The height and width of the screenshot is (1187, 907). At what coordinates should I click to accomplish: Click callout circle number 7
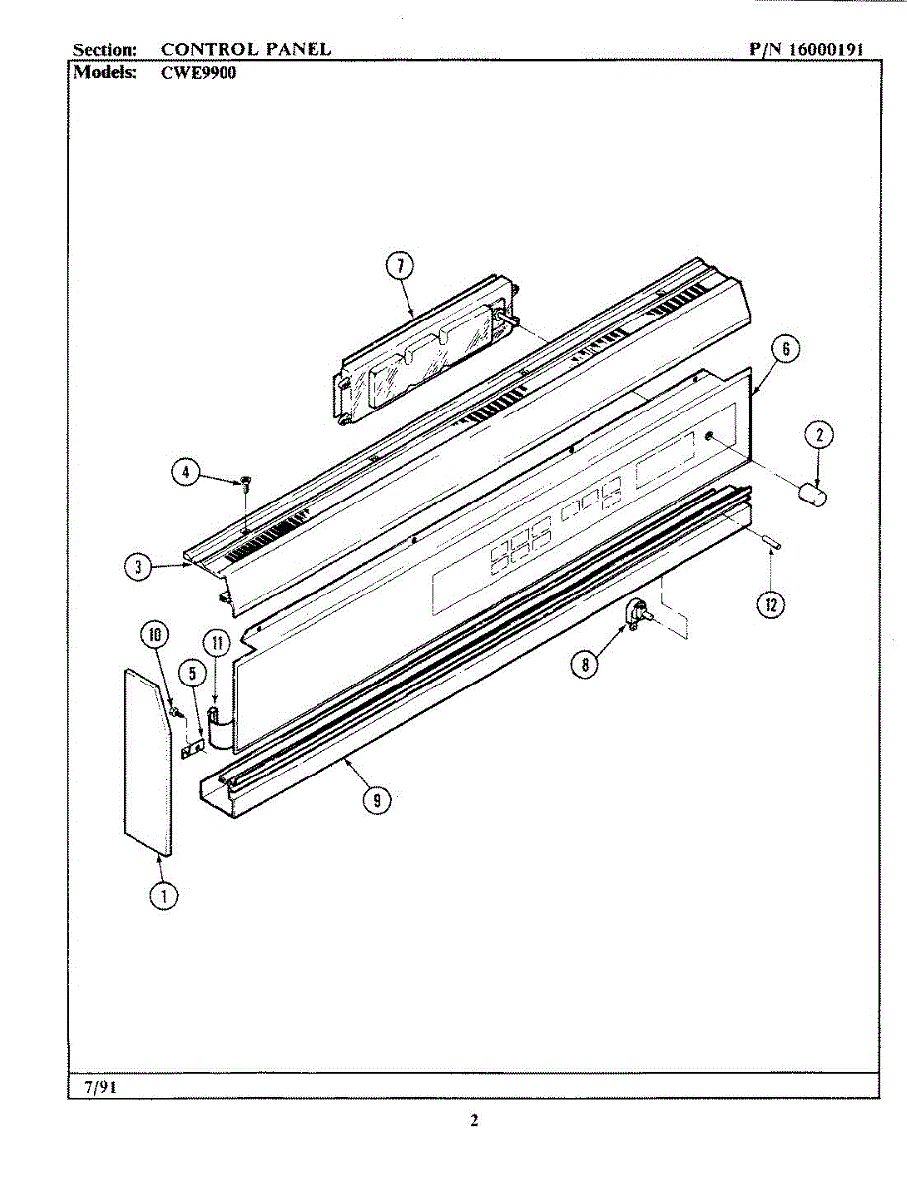tap(399, 265)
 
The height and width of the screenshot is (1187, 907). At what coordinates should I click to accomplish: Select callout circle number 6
tap(784, 348)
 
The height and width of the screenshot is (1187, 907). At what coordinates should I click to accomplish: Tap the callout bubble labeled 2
tap(818, 433)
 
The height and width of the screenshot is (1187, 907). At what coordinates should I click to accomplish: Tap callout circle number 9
tap(375, 801)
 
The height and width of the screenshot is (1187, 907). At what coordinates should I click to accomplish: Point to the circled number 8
tap(586, 665)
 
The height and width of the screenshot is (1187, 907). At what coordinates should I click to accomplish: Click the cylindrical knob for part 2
tap(813, 492)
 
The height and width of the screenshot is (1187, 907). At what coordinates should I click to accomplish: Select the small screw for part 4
tap(243, 483)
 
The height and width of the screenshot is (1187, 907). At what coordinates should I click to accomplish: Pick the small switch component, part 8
tap(636, 616)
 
